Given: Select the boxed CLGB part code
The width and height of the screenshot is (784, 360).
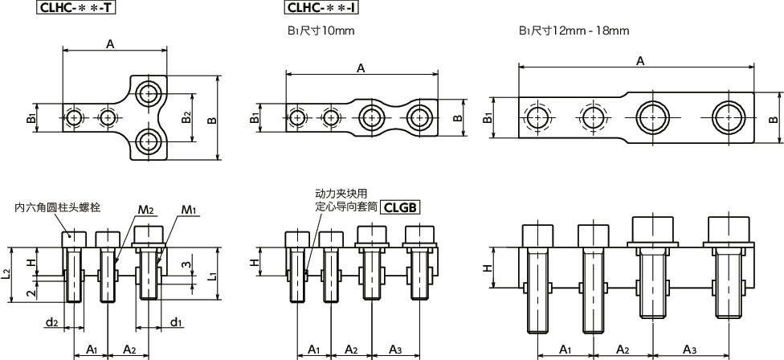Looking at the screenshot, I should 401,207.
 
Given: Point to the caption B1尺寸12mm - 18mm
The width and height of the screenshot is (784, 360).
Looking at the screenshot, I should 574,31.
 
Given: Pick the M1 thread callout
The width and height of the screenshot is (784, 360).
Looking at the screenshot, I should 189,211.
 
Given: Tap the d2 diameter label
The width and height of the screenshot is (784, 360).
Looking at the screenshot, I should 51,323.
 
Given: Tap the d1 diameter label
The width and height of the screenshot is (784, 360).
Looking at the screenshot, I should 174,323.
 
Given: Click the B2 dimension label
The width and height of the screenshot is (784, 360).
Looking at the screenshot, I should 186,117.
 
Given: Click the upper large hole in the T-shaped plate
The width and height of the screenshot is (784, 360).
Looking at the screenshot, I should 148,94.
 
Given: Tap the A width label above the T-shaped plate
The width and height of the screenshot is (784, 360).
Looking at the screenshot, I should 109,45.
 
